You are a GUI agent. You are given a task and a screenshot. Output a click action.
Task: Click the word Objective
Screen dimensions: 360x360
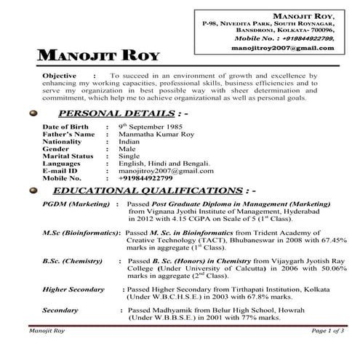pos(60,76)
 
